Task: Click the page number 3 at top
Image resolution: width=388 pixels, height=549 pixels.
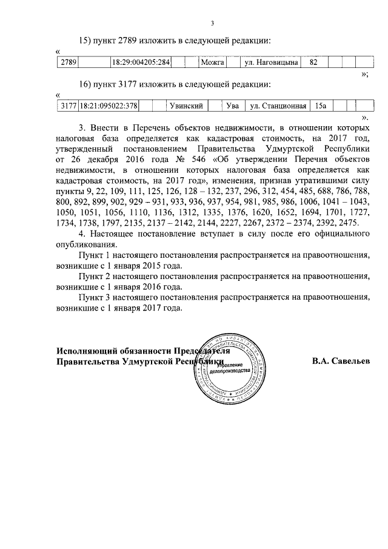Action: pos(212,24)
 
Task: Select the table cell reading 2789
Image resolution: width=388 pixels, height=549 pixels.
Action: pos(67,62)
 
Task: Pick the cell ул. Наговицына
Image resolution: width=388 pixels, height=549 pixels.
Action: pos(267,62)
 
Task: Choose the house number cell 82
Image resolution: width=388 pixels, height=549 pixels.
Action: pos(313,62)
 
